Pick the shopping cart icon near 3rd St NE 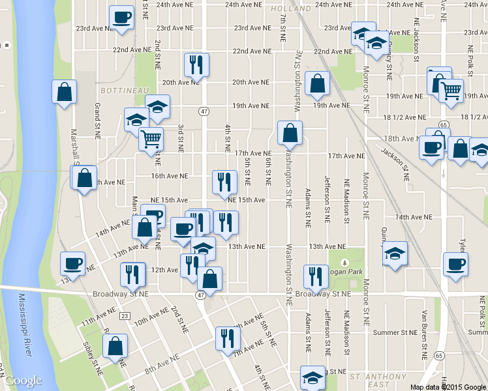click(151, 138)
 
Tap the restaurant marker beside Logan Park click(315, 276)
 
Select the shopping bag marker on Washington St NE click(290, 132)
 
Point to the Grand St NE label click(98, 121)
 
